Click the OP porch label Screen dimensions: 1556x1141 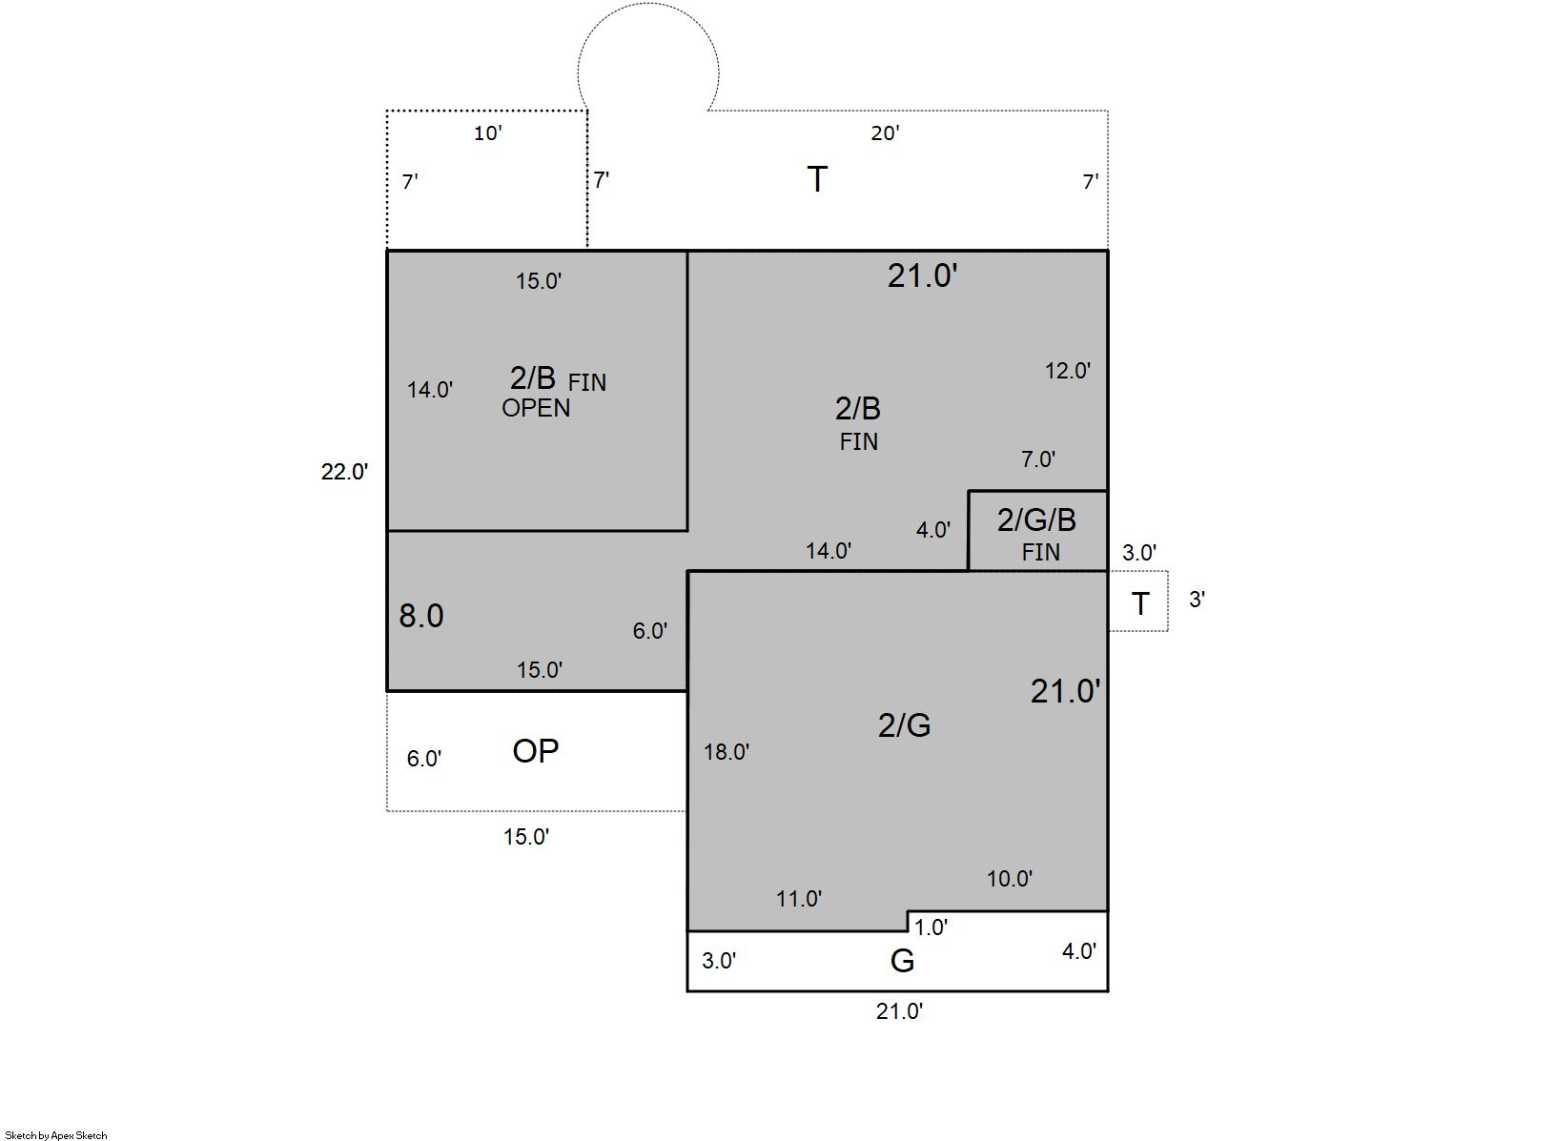[536, 751]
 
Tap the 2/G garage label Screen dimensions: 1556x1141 [905, 725]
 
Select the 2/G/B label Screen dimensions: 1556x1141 [1036, 520]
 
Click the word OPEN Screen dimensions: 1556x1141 [536, 408]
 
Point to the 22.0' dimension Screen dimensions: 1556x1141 [344, 472]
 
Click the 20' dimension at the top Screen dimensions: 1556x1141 [886, 132]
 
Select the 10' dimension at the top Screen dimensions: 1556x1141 [488, 132]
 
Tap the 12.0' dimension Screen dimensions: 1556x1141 [1068, 371]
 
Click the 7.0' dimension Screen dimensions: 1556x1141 [1038, 459]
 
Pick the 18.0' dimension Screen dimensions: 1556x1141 [727, 752]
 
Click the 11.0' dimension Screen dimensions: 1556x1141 [799, 899]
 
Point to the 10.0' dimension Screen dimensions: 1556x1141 [1010, 879]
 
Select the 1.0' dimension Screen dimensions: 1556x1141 [931, 927]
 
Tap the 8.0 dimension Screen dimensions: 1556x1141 [421, 616]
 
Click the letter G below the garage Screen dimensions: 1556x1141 [902, 961]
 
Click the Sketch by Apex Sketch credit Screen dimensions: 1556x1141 [56, 1135]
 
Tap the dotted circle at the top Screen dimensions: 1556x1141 [648, 4]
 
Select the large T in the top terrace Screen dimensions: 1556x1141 [818, 179]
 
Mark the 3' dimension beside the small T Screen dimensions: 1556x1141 [1197, 600]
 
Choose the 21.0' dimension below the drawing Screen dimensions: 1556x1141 [900, 1011]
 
